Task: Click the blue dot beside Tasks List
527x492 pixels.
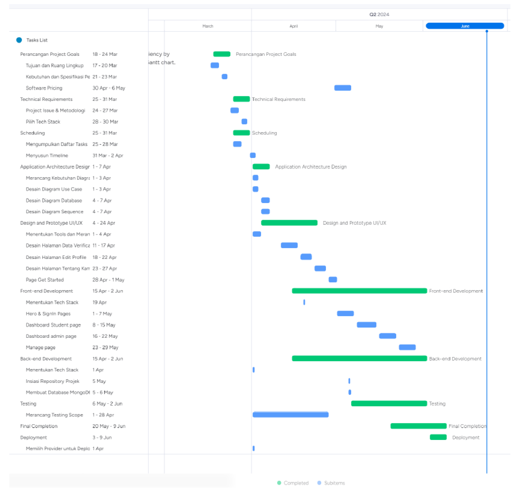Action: pyautogui.click(x=19, y=40)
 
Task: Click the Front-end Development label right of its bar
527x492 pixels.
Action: pyautogui.click(x=456, y=291)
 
